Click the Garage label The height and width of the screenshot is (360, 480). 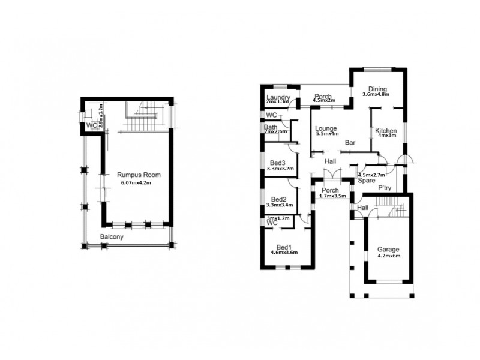[x=388, y=249]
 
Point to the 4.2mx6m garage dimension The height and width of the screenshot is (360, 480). [x=388, y=256]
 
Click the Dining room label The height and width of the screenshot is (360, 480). [x=377, y=88]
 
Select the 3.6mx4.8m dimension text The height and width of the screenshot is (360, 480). [x=376, y=94]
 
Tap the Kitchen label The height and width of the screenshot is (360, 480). [x=386, y=131]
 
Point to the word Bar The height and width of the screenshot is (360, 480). [x=351, y=143]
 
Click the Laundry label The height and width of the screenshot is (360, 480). [x=278, y=98]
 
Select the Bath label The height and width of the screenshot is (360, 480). [x=270, y=127]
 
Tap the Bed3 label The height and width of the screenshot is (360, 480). [x=278, y=163]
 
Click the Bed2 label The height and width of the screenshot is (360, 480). [x=278, y=199]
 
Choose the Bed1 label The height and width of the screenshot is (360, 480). [x=284, y=247]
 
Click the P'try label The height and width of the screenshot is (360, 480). [x=385, y=188]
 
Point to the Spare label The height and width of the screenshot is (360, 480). [x=367, y=180]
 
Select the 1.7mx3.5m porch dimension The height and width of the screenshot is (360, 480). [x=334, y=196]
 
